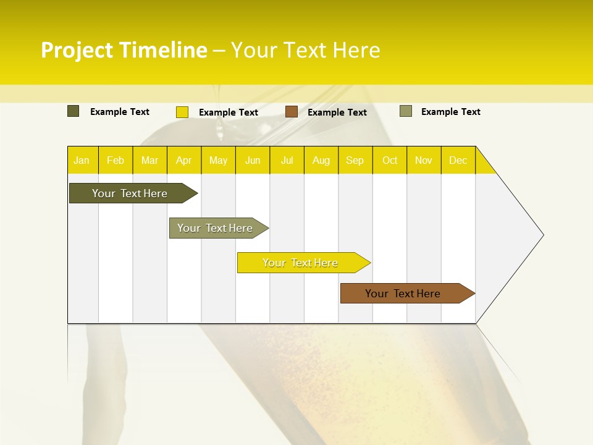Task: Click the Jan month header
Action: tap(82, 161)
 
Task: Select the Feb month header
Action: tap(116, 161)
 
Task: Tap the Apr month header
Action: tap(184, 161)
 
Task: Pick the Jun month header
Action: tap(253, 161)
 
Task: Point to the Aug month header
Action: tap(321, 161)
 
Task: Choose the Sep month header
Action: tap(355, 161)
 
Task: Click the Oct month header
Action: tap(390, 161)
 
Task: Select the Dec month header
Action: tap(458, 161)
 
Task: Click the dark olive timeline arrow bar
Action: tap(130, 193)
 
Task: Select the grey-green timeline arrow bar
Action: tap(216, 228)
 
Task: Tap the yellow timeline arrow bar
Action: tap(301, 263)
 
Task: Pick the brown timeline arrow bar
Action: tap(403, 294)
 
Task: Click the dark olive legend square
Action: tap(74, 111)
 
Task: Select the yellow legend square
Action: tap(182, 112)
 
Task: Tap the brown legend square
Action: tap(292, 112)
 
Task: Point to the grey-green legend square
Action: tap(406, 111)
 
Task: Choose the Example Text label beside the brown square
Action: tap(337, 112)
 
